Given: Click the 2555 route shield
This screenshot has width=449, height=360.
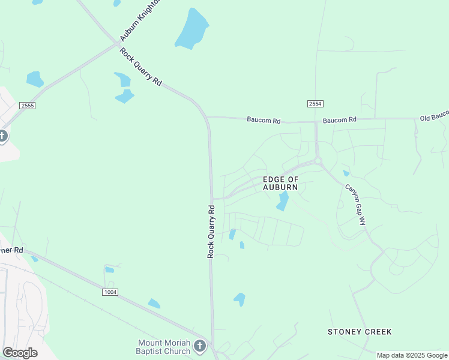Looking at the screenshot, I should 27,106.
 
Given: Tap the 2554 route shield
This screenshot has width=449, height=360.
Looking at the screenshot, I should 315,104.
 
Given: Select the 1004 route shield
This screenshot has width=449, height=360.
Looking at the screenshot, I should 110,292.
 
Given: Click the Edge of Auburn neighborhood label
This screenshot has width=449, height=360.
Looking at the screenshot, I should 281,184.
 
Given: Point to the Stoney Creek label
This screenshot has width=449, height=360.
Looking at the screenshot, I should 360,332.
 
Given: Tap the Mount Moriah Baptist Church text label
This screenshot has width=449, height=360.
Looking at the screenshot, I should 163,347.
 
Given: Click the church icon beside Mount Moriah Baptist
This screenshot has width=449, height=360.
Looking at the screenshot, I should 200,346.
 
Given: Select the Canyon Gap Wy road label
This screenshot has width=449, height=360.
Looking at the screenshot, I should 355,204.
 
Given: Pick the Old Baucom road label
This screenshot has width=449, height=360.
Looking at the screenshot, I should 434,115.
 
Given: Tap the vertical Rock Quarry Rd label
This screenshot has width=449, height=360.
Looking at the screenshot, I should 211,232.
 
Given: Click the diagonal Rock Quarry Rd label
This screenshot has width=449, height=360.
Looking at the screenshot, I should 140,67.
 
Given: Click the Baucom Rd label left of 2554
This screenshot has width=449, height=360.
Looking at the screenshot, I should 264,120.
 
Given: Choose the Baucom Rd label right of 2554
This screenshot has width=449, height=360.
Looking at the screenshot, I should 340,120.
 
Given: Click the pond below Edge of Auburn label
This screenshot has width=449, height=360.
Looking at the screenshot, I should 282,202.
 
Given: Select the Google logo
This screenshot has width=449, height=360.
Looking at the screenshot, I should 20,352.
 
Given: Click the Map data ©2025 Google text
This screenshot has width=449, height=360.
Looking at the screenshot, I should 412,355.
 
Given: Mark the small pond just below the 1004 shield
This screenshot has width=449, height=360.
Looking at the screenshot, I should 154,304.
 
